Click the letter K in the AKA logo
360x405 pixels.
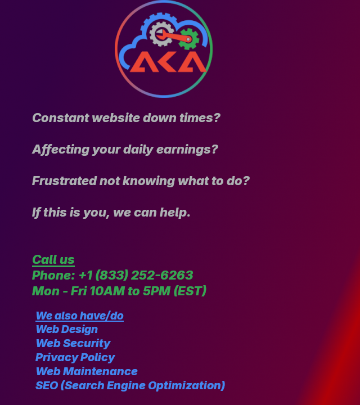pyautogui.click(x=164, y=62)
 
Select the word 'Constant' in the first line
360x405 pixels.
pyautogui.click(x=60, y=118)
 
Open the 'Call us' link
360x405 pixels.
pyautogui.click(x=53, y=260)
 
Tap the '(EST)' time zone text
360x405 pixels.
pyautogui.click(x=190, y=291)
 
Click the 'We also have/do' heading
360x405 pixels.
pyautogui.click(x=80, y=316)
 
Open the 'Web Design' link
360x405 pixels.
pyautogui.click(x=67, y=330)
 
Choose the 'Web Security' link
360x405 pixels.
pyautogui.click(x=73, y=344)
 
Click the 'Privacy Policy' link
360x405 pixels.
pyautogui.click(x=75, y=358)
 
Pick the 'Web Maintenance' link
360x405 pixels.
pyautogui.click(x=87, y=372)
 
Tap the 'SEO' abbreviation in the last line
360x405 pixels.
pyautogui.click(x=47, y=386)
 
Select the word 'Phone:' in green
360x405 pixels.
pyautogui.click(x=53, y=276)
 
